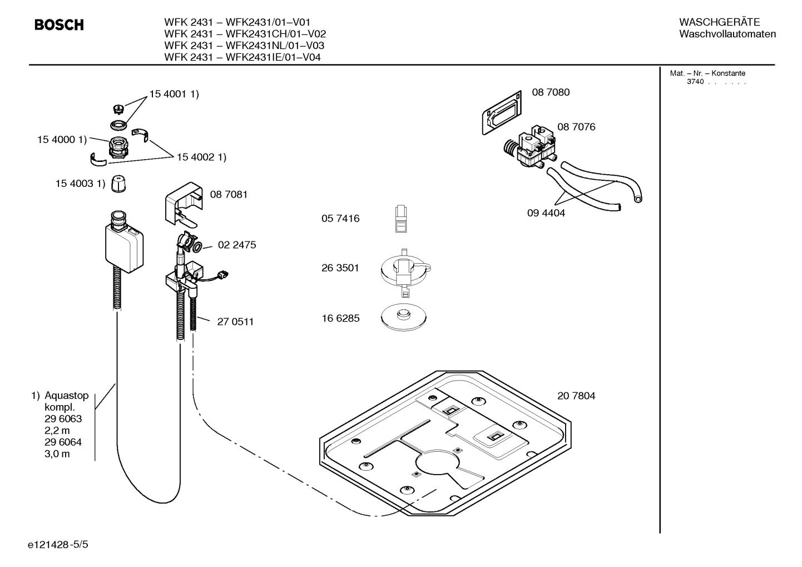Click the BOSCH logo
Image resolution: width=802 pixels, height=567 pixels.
[59, 25]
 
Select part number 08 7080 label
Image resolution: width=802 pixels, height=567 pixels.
[551, 92]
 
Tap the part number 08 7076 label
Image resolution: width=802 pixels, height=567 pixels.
[576, 127]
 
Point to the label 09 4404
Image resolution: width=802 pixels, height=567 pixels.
[546, 213]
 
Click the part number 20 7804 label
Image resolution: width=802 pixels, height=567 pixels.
[576, 396]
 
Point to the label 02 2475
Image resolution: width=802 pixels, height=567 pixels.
[237, 245]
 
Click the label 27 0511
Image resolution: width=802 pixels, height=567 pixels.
[235, 322]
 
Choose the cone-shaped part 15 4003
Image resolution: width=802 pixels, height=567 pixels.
[118, 184]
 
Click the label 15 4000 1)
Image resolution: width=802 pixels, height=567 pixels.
[62, 140]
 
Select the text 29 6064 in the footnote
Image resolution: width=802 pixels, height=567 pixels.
[63, 442]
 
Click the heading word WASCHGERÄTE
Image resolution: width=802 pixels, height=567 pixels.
[719, 22]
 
